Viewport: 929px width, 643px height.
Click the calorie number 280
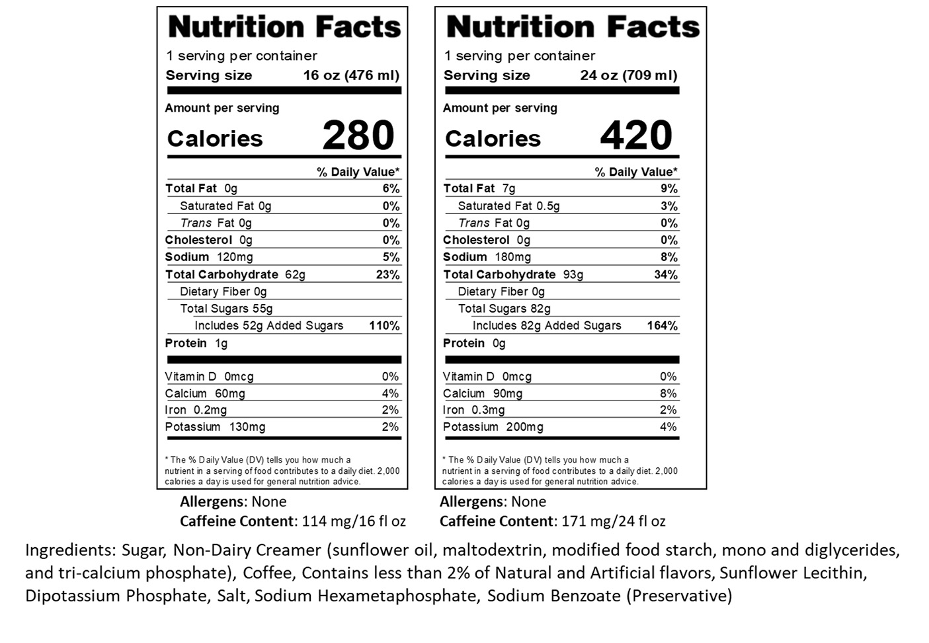(358, 135)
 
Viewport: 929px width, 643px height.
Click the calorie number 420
(635, 135)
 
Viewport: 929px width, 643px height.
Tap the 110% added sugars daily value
(384, 326)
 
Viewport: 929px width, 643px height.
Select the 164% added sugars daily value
(662, 326)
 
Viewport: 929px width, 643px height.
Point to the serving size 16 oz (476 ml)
(351, 75)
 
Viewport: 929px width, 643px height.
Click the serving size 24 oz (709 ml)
(629, 75)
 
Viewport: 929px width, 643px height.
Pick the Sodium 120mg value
(235, 257)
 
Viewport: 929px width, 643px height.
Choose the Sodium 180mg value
(512, 257)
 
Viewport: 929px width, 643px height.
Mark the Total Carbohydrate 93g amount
(573, 274)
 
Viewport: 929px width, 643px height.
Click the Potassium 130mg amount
(247, 427)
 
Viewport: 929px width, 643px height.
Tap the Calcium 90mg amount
(507, 393)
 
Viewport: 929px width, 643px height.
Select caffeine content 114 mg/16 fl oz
(354, 521)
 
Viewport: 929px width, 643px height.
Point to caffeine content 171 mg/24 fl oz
(613, 521)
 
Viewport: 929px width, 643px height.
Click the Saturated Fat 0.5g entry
(508, 206)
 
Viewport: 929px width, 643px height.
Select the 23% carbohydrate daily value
(388, 274)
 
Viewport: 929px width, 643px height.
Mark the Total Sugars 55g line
(226, 309)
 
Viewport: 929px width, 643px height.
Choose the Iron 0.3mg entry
(473, 410)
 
